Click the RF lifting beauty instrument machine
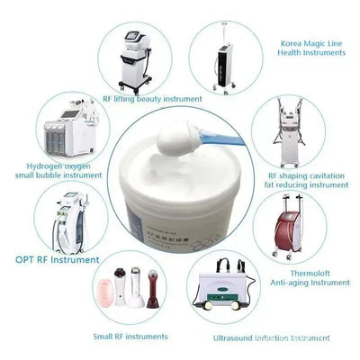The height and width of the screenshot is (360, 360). pyautogui.click(x=134, y=58)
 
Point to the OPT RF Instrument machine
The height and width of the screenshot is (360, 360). pyautogui.click(x=68, y=221)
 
